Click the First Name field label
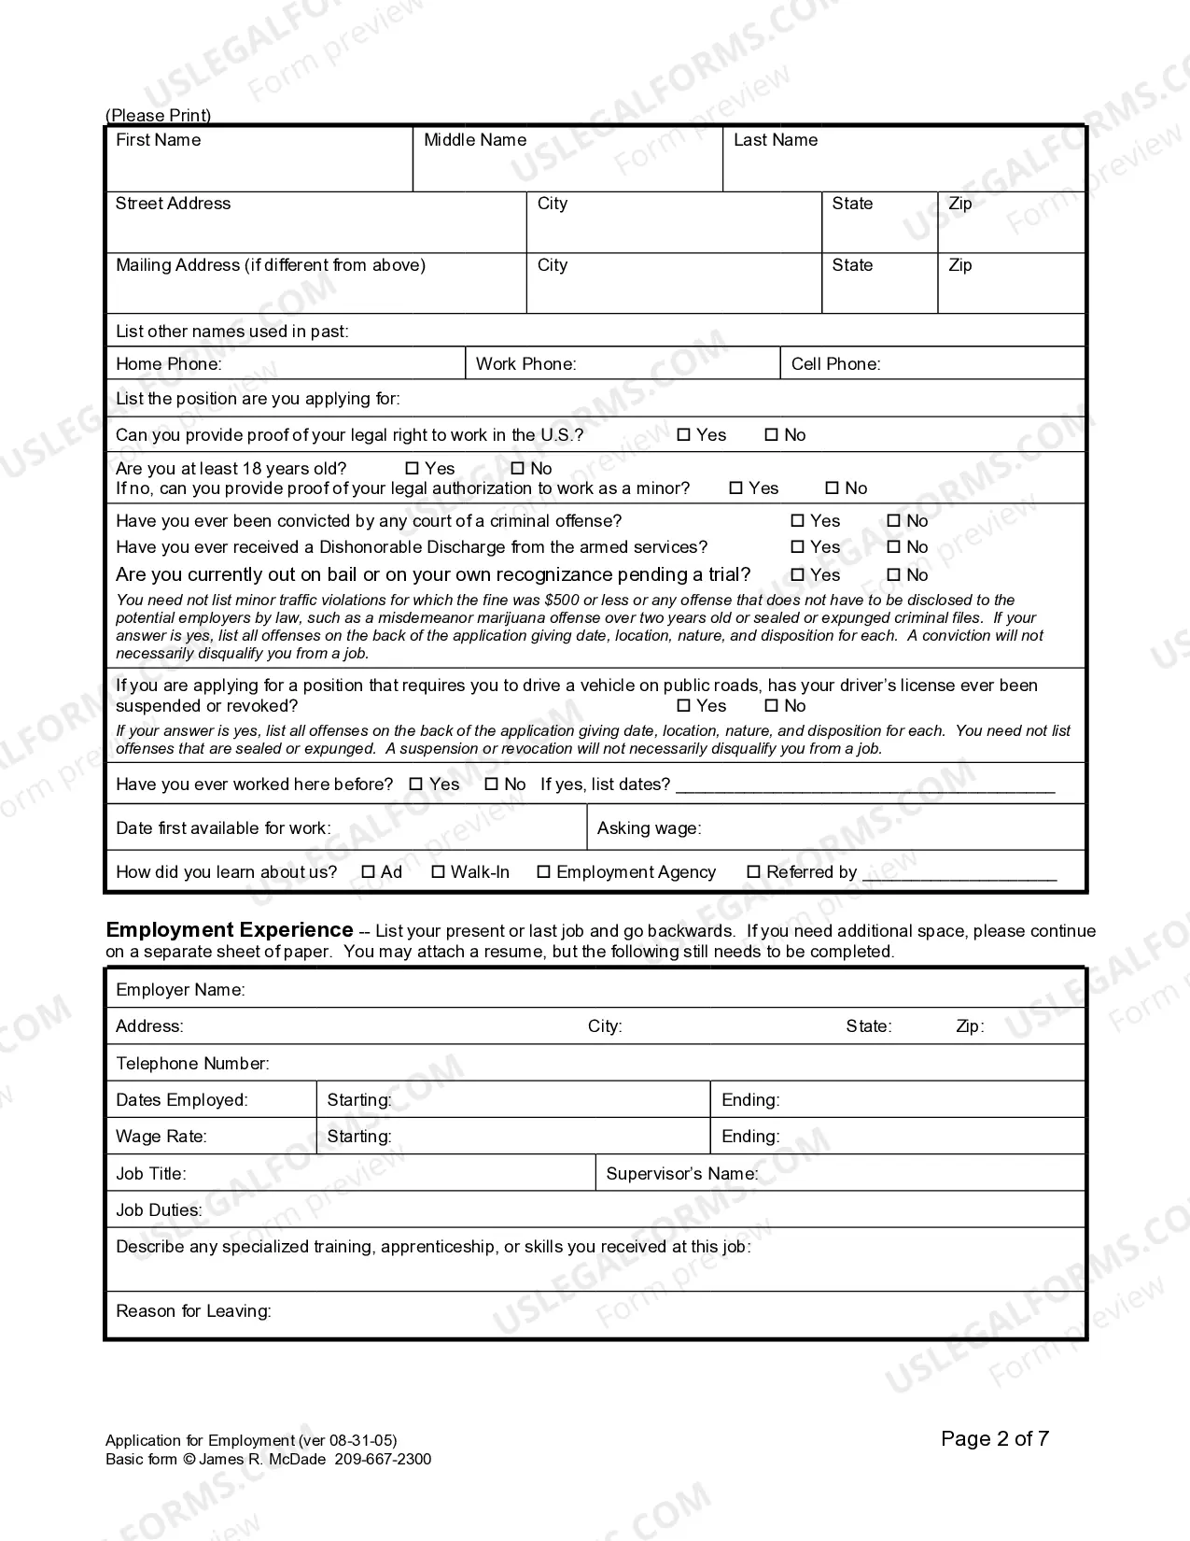pyautogui.click(x=158, y=140)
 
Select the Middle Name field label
pyautogui.click(x=475, y=140)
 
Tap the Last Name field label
pyautogui.click(x=775, y=140)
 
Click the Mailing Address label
pyautogui.click(x=270, y=265)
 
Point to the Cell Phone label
pyautogui.click(x=835, y=364)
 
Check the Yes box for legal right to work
pyautogui.click(x=684, y=435)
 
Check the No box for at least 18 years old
pyautogui.click(x=518, y=469)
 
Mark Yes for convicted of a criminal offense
pyautogui.click(x=798, y=521)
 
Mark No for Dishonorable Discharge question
pyautogui.click(x=894, y=547)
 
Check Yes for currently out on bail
pyautogui.click(x=798, y=575)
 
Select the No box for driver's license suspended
pyautogui.click(x=772, y=706)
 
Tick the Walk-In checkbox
pyautogui.click(x=439, y=872)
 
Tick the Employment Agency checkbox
pyautogui.click(x=544, y=872)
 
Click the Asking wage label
pyautogui.click(x=649, y=828)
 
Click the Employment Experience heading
pyautogui.click(x=230, y=930)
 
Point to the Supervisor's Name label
pyautogui.click(x=681, y=1174)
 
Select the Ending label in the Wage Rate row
pyautogui.click(x=750, y=1137)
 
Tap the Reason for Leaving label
pyautogui.click(x=193, y=1311)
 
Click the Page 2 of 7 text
pyautogui.click(x=994, y=1439)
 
